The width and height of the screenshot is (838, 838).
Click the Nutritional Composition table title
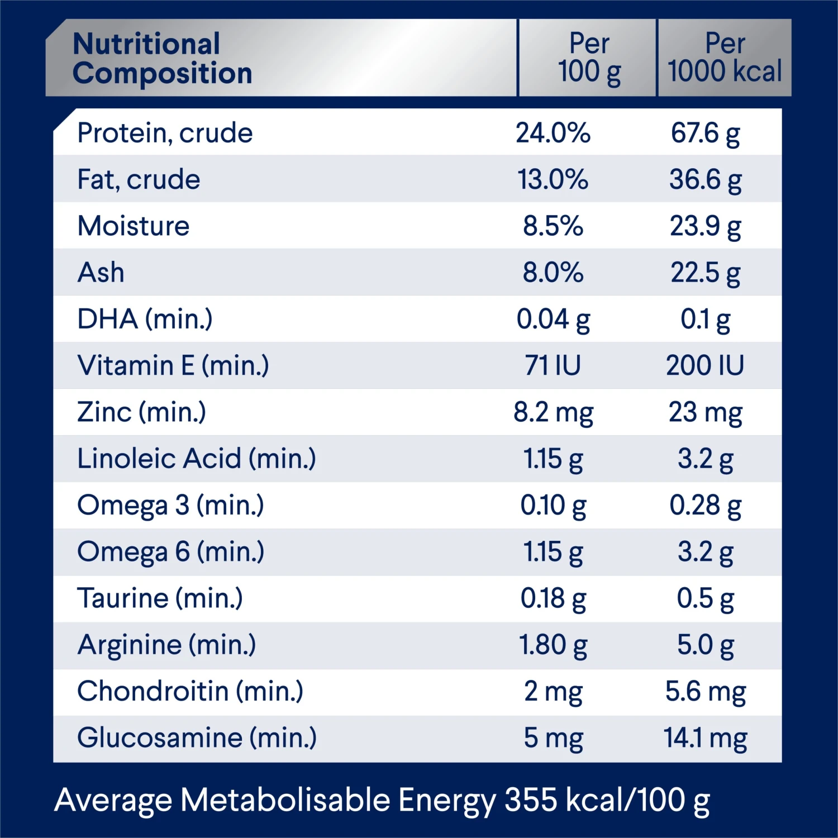[162, 59]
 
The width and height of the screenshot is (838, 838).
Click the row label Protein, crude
[165, 133]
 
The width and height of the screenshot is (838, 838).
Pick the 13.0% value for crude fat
[553, 180]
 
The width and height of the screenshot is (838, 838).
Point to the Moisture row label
[134, 226]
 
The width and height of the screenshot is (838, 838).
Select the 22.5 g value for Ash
[705, 273]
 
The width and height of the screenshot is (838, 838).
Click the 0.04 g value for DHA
[553, 320]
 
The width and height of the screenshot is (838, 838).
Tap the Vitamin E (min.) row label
[173, 366]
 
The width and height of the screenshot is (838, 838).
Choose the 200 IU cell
[705, 366]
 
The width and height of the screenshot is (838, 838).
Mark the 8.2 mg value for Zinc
[553, 413]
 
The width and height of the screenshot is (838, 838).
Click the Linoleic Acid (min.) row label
[197, 459]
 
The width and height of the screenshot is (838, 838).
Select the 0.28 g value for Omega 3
[705, 506]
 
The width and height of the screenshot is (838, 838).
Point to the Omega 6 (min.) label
[170, 552]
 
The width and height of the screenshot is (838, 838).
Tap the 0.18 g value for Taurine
[553, 599]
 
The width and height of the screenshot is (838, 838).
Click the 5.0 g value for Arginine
[705, 645]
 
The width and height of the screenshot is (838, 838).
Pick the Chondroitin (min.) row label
[191, 692]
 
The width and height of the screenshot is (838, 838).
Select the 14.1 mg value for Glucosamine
[705, 738]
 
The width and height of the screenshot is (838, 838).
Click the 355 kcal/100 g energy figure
[607, 800]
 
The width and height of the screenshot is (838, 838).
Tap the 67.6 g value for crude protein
[705, 134]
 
